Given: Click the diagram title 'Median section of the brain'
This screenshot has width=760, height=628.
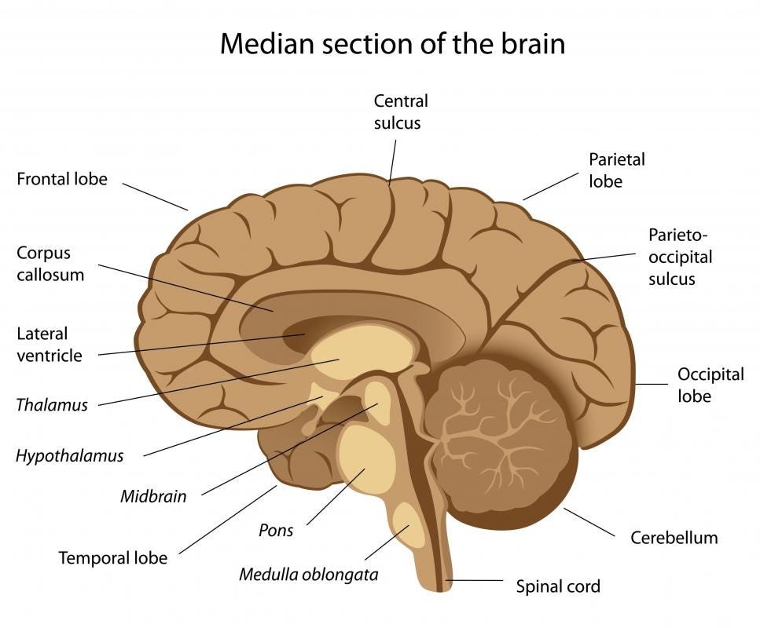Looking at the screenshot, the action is click(x=393, y=44).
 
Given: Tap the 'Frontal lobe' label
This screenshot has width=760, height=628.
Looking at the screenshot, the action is click(x=62, y=179).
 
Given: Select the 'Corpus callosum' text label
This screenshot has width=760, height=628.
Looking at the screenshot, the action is click(x=50, y=264).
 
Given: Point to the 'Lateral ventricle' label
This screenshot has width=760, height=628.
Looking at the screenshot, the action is click(x=50, y=345).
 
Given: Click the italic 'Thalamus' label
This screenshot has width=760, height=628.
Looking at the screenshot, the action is click(x=52, y=405).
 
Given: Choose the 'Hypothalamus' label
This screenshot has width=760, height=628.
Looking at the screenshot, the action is click(x=70, y=456).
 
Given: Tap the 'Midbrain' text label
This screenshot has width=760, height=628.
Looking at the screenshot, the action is click(x=153, y=496).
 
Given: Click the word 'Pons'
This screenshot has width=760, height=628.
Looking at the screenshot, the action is click(x=276, y=530).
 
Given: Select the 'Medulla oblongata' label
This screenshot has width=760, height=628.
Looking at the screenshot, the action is click(x=309, y=575).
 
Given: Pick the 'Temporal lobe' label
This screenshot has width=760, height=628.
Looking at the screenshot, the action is click(x=113, y=558).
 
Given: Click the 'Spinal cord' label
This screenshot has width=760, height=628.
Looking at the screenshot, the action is click(x=558, y=586).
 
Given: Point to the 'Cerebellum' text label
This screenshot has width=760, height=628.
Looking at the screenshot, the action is click(x=674, y=538).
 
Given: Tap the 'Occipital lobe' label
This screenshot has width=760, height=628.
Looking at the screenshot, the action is click(x=710, y=385).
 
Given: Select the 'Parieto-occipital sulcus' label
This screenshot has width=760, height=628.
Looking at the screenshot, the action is click(x=681, y=257).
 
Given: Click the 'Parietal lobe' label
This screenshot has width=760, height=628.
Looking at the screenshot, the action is click(x=617, y=170).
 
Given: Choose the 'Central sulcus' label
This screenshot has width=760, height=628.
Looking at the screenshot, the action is click(x=401, y=111).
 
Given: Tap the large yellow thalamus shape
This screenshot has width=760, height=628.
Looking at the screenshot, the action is click(x=364, y=352).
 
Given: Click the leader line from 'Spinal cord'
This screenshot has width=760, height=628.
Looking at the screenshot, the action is click(x=474, y=580).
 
